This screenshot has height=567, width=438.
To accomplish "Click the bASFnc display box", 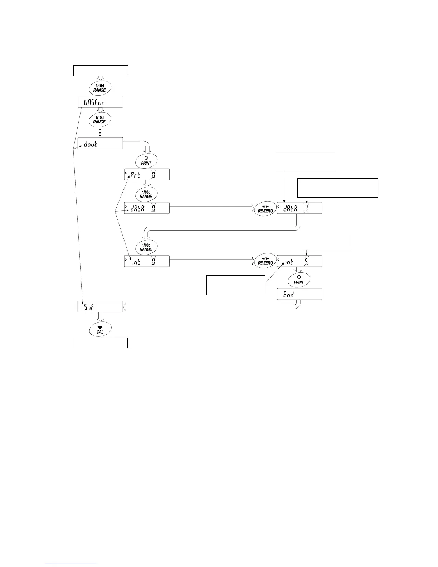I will pos(100,102).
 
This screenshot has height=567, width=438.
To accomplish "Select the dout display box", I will pos(100,144).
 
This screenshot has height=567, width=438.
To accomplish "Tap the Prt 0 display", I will pos(147,175).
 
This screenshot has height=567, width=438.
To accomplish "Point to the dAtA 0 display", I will pos(147,208).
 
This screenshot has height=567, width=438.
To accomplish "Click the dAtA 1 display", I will pos(300,208).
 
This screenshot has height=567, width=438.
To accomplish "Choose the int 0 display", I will pos(147,261).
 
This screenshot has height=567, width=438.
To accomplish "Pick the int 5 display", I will pos(300,261).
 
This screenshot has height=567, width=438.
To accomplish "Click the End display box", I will pos(300,294).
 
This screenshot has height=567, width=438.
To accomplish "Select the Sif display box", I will pos(100,307).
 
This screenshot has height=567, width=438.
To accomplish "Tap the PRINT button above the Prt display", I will pos(146,160).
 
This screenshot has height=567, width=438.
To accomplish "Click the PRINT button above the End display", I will pos(299,280).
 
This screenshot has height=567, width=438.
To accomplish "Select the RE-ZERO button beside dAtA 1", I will pos(265,209).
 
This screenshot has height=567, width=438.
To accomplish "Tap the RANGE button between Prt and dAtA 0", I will pos(146,194).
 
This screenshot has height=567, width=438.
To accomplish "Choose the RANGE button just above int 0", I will pos(146,247).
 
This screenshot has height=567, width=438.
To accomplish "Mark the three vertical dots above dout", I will pos(100,132).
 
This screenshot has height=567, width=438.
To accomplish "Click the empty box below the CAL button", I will pos(100,343).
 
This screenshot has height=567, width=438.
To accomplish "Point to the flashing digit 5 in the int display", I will pos(306,262).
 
